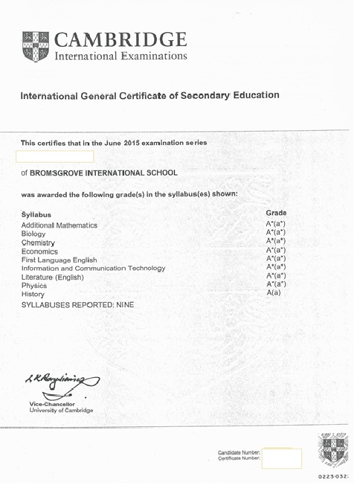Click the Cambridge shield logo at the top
(x=37, y=46)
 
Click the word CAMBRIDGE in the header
(x=122, y=39)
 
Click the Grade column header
(x=275, y=213)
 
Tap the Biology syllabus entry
(x=34, y=234)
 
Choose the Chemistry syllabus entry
(x=39, y=243)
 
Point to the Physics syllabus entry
(x=34, y=286)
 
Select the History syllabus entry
(x=33, y=295)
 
